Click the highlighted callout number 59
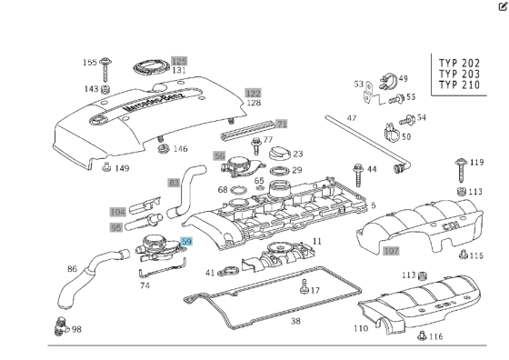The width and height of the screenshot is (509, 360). pyautogui.click(x=186, y=242)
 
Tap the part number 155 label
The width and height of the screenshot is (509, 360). pyautogui.click(x=90, y=63)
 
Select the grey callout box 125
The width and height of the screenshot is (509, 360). pyautogui.click(x=179, y=60)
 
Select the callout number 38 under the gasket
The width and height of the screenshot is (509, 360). pyautogui.click(x=295, y=321)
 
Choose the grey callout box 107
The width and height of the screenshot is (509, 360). pyautogui.click(x=391, y=250)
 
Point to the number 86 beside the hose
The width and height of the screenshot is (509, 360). pyautogui.click(x=73, y=270)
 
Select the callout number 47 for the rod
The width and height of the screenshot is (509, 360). pyautogui.click(x=352, y=119)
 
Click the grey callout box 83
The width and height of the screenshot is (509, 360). pyautogui.click(x=174, y=183)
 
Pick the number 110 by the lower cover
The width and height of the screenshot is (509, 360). pyautogui.click(x=361, y=327)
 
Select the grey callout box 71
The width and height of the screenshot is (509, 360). pyautogui.click(x=282, y=124)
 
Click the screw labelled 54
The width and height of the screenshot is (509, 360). pyautogui.click(x=406, y=118)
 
